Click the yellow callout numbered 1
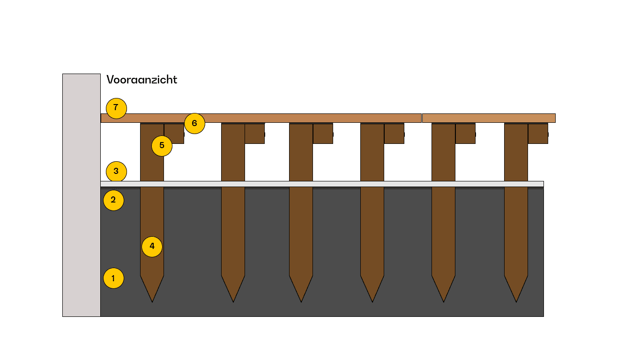pyautogui.click(x=113, y=278)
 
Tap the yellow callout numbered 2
pyautogui.click(x=113, y=200)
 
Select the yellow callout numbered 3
pyautogui.click(x=116, y=172)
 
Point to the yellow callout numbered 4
pyautogui.click(x=152, y=247)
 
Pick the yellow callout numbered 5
pyautogui.click(x=162, y=146)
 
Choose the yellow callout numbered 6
pyautogui.click(x=194, y=124)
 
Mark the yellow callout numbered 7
pyautogui.click(x=116, y=108)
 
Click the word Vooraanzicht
pyautogui.click(x=142, y=80)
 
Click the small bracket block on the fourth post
pyautogui.click(x=394, y=134)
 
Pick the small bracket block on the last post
pyautogui.click(x=538, y=134)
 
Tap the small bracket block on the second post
pyautogui.click(x=254, y=134)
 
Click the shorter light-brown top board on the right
pyautogui.click(x=489, y=118)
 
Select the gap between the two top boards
pyautogui.click(x=422, y=118)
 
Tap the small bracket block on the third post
pyautogui.click(x=323, y=134)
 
